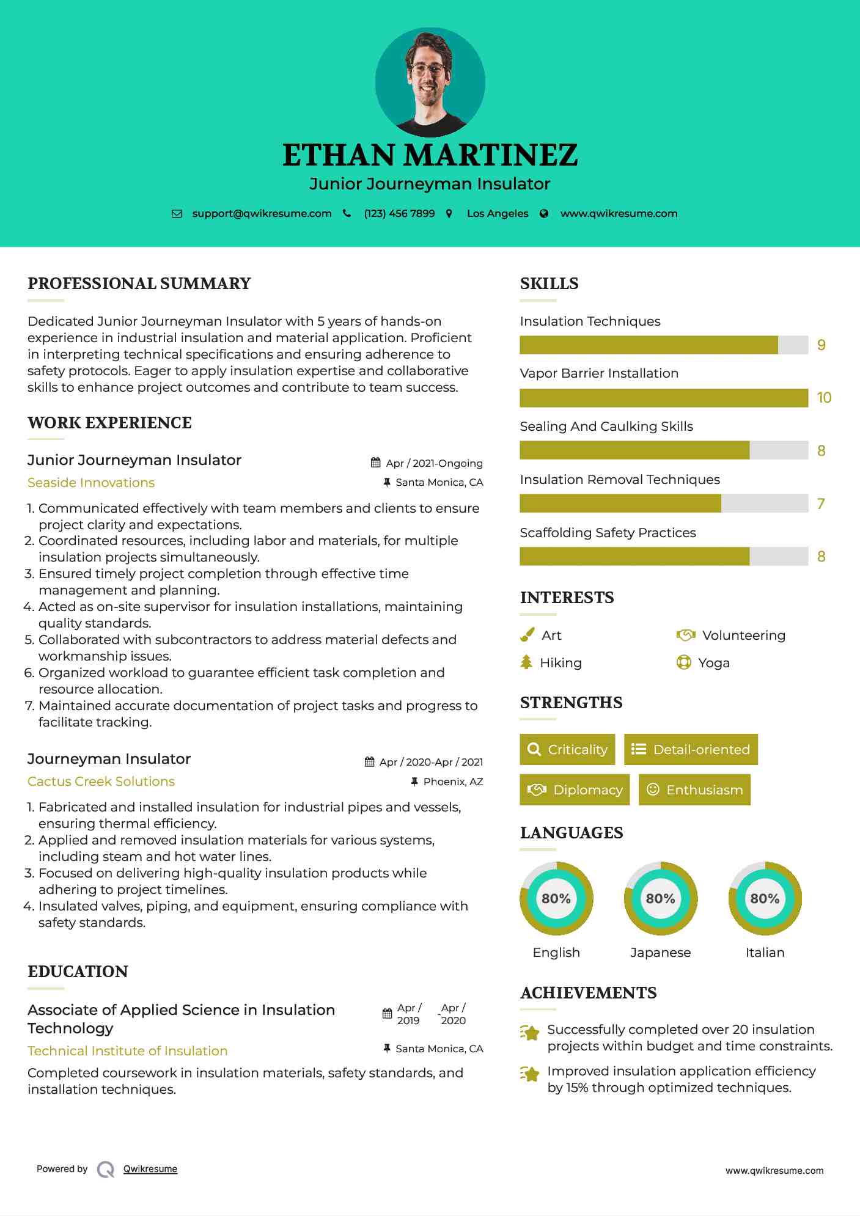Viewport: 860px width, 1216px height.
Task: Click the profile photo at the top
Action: (x=430, y=82)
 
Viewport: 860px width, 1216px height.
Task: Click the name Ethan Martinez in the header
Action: (x=430, y=155)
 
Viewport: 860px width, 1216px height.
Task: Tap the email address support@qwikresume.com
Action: (x=262, y=213)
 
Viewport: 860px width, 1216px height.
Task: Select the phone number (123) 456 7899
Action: (x=399, y=213)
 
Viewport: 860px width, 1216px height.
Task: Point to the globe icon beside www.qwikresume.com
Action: (x=544, y=213)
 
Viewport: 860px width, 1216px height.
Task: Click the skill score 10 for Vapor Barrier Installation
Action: (x=824, y=398)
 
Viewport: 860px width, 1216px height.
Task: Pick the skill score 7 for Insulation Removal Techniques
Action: (x=821, y=504)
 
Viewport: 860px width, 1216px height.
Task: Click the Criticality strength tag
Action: (x=567, y=749)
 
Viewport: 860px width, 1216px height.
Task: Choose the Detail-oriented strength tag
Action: (x=691, y=749)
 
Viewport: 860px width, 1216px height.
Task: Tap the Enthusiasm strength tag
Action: (x=694, y=789)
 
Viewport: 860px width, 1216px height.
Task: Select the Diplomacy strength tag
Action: (x=575, y=789)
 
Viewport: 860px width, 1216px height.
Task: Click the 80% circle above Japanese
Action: (x=660, y=898)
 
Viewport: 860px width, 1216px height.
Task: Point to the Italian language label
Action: (x=765, y=952)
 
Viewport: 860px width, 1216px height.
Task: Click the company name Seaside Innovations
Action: (x=91, y=483)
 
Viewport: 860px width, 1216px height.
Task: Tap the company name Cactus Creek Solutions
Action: (x=101, y=782)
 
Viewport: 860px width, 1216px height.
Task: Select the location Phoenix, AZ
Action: (x=453, y=782)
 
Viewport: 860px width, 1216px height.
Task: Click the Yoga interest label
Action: (x=714, y=663)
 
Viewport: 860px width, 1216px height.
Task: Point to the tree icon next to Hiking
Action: (x=526, y=662)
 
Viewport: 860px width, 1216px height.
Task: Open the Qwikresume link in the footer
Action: (x=150, y=1169)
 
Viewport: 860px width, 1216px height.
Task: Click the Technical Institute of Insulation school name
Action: (x=128, y=1051)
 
